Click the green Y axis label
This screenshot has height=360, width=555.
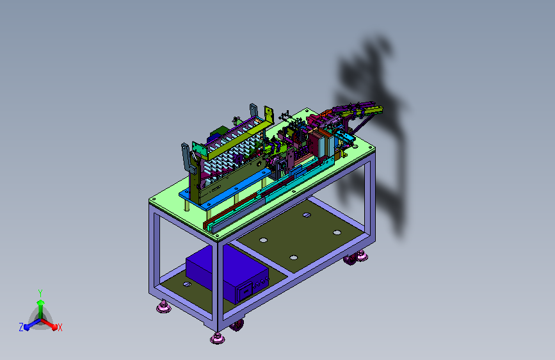(40, 293)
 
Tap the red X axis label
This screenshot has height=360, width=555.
(60, 328)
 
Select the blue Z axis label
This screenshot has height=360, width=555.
(21, 327)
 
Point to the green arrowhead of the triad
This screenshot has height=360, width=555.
(40, 302)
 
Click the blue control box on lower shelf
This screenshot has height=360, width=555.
(227, 273)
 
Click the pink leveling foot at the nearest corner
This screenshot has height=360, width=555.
(217, 338)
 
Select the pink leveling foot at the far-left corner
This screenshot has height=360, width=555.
(163, 307)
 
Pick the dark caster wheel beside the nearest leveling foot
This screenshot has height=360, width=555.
(236, 325)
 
